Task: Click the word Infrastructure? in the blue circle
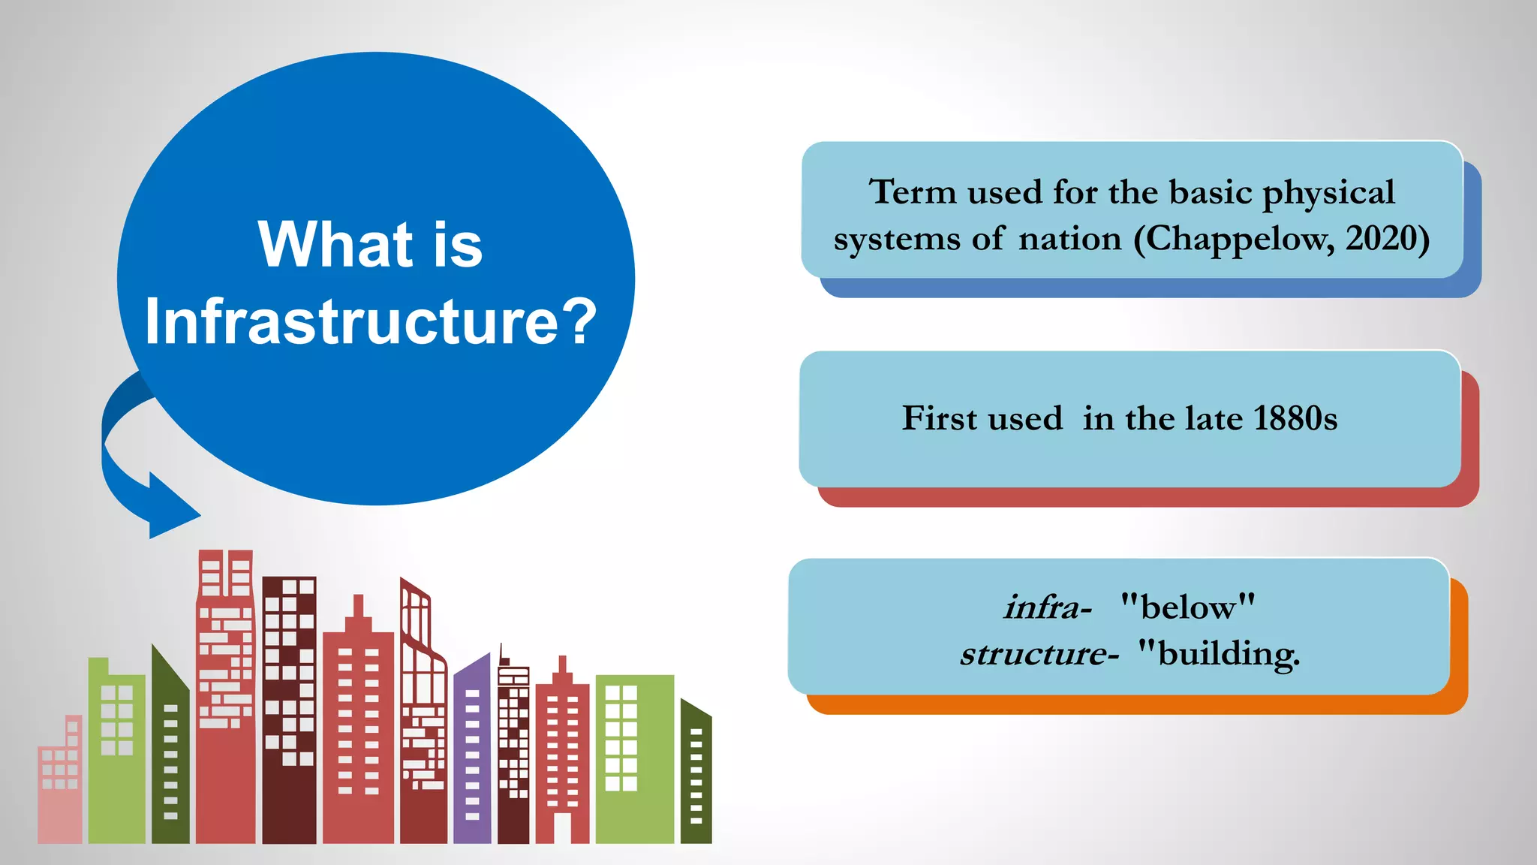click(x=370, y=321)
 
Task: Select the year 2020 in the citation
click(x=1379, y=239)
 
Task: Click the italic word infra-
click(x=1048, y=607)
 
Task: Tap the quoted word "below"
click(x=1187, y=606)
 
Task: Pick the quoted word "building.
click(x=1219, y=653)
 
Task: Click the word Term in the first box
click(x=913, y=192)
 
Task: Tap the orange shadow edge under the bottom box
click(x=1126, y=705)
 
